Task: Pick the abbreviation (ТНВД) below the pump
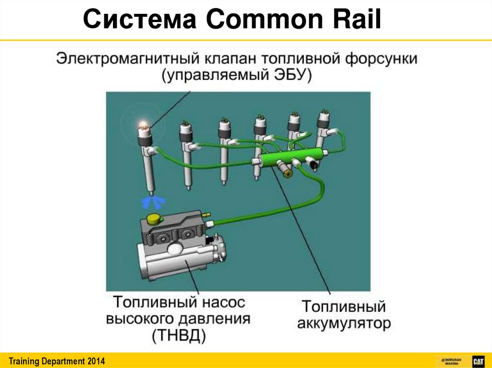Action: coord(179,335)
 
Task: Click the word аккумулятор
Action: coord(344,323)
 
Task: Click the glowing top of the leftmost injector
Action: coord(143,126)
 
